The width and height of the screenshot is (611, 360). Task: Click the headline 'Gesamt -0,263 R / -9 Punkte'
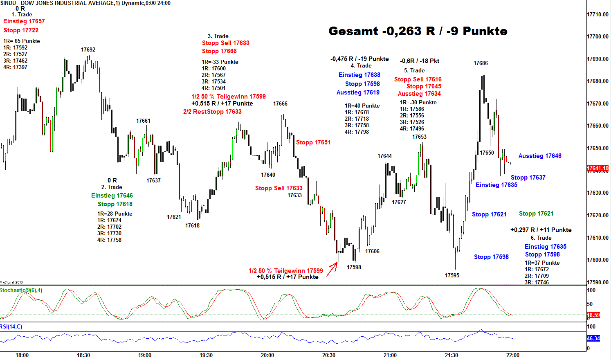[x=418, y=31]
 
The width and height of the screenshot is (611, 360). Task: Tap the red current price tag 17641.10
[x=598, y=168]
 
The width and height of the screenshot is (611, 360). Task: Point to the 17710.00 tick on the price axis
[x=598, y=14]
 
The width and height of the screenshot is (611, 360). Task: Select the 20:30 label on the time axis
[x=329, y=355]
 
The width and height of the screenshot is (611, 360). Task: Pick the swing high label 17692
[x=88, y=50]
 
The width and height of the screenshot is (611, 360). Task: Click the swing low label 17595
[x=452, y=275]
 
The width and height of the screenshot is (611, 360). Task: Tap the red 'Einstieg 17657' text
[x=24, y=21]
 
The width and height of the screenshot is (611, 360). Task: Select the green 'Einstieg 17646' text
[x=112, y=196]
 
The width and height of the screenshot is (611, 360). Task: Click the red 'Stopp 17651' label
[x=313, y=142]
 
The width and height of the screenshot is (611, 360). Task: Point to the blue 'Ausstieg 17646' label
[x=540, y=156]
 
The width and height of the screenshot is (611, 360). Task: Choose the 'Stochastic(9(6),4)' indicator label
[x=21, y=290]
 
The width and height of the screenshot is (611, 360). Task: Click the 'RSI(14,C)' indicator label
[x=11, y=326]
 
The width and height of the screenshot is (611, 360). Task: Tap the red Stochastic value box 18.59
[x=593, y=315]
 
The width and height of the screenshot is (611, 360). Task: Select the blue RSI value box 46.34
[x=593, y=338]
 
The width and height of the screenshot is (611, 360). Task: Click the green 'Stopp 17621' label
[x=536, y=214]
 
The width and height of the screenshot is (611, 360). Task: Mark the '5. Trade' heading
[x=414, y=70]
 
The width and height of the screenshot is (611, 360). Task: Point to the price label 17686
[x=481, y=63]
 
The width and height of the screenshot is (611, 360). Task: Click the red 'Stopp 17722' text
[x=21, y=30]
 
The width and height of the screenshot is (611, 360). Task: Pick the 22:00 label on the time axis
[x=513, y=355]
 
